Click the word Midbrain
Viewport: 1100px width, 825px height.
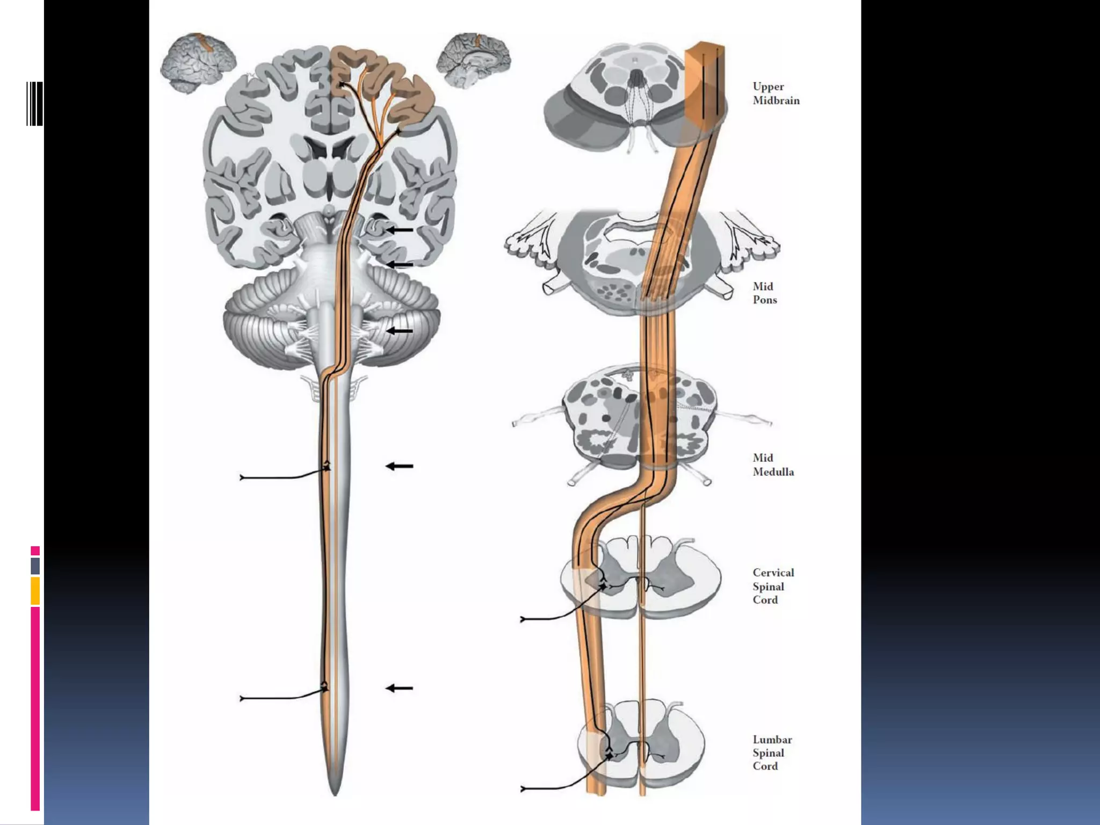click(x=776, y=100)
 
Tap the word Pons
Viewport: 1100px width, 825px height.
click(x=764, y=300)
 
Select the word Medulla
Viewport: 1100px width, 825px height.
click(x=773, y=472)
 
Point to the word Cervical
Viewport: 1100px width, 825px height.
click(x=773, y=573)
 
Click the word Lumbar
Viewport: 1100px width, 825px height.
click(x=772, y=740)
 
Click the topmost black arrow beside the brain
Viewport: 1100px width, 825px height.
click(x=400, y=230)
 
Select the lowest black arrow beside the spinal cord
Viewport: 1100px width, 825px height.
click(x=400, y=688)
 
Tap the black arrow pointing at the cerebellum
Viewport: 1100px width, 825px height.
click(x=400, y=331)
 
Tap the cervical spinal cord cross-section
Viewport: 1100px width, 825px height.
click(x=640, y=580)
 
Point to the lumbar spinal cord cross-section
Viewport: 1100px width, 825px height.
click(x=640, y=744)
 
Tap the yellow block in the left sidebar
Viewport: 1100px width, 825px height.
click(x=35, y=591)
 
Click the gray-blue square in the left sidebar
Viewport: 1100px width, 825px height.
click(x=35, y=566)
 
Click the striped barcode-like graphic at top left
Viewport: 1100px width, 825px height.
click(x=34, y=104)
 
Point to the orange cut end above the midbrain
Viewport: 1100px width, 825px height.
click(x=705, y=51)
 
